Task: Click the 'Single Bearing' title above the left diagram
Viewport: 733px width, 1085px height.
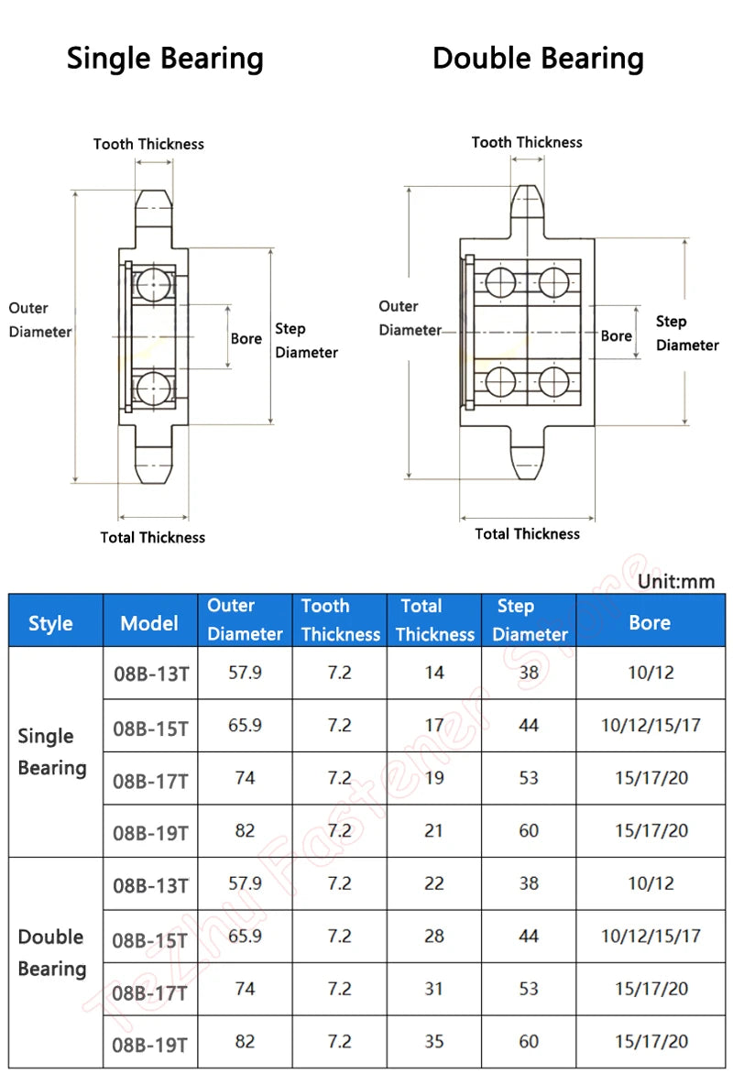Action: pos(165,59)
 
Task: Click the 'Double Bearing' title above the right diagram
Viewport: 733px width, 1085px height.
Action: pos(538,59)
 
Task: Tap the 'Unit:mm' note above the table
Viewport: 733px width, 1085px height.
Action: pos(675,581)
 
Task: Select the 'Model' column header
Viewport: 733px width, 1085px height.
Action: pos(149,623)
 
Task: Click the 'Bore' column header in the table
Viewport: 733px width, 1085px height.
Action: pos(650,623)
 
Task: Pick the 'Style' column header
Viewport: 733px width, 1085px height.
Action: pos(50,623)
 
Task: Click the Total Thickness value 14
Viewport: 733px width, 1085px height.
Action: pos(434,673)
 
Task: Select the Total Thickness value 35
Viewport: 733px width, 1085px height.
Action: pos(434,1041)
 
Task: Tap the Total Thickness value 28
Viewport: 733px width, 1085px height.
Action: pos(434,937)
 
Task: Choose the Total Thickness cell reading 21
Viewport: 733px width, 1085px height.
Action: pos(434,830)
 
